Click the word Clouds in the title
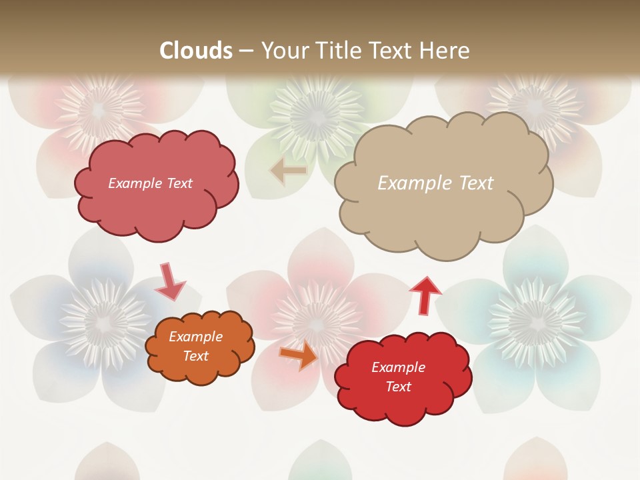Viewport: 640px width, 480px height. [196, 51]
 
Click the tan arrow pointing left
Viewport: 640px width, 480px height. [288, 171]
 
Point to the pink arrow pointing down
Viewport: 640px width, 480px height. [169, 281]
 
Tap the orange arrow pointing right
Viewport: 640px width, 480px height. [299, 354]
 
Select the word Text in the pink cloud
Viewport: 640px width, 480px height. [179, 183]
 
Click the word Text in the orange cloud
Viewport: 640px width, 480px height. [196, 356]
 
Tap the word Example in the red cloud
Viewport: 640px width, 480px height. [399, 367]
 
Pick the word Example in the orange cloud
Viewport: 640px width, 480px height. [196, 337]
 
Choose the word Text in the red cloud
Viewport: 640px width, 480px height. [399, 387]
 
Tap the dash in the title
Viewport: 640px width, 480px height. [246, 51]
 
